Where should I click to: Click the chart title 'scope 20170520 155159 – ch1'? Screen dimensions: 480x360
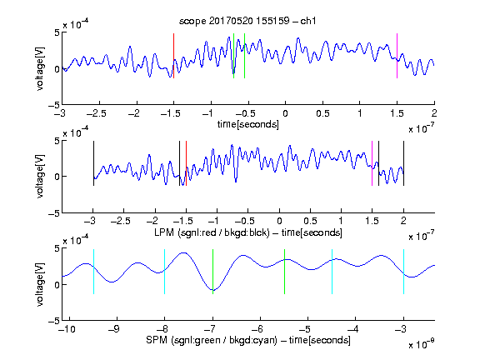[247, 21]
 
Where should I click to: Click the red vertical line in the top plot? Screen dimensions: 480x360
[173, 56]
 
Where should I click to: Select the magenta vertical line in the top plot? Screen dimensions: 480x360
[397, 56]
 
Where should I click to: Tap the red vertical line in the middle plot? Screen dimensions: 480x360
[186, 163]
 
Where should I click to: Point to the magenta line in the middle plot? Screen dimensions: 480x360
[372, 163]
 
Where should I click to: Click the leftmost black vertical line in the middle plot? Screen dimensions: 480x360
[93, 163]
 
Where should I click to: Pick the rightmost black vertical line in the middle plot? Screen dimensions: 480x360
[403, 163]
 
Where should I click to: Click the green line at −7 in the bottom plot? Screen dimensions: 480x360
[212, 272]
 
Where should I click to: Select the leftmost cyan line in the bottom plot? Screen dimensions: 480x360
[93, 272]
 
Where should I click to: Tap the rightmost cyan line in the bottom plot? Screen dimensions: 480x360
[403, 272]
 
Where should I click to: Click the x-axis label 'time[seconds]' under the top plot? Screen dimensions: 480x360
[248, 124]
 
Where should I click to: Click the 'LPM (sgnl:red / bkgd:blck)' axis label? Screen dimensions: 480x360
[212, 232]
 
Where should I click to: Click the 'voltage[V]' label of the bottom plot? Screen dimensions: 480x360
[40, 284]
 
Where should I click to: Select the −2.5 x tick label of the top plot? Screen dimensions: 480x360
[96, 113]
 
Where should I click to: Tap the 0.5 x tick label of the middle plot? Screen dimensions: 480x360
[310, 221]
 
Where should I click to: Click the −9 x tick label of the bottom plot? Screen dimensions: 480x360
[113, 329]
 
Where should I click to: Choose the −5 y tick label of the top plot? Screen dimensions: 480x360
[54, 105]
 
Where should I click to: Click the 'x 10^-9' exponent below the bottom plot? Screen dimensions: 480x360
[421, 344]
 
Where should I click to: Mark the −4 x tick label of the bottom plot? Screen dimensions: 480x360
[352, 329]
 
